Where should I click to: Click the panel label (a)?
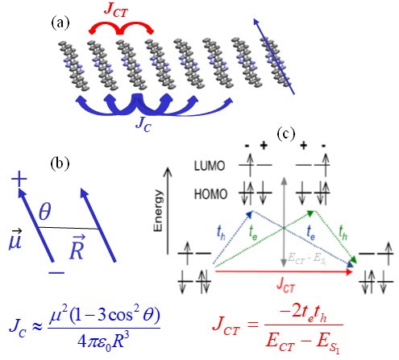coord(60,23)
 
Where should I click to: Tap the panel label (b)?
coord(60,163)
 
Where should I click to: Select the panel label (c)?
coord(286,134)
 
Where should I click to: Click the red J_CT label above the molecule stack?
coord(116,10)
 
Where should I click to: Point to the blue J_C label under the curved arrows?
coord(143,124)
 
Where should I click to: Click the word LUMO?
coord(210,166)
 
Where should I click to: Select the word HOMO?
coord(210,194)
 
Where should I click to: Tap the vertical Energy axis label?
coord(158,210)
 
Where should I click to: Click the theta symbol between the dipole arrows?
coord(44,211)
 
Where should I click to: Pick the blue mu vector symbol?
coord(15,240)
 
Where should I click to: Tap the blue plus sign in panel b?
coord(19,179)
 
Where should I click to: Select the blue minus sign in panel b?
coord(56,273)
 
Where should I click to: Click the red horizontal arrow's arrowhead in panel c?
coord(349,271)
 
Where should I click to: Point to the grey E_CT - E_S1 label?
coord(307,259)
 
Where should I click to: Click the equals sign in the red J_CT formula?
coord(252,325)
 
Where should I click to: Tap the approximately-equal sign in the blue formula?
coord(37,326)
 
